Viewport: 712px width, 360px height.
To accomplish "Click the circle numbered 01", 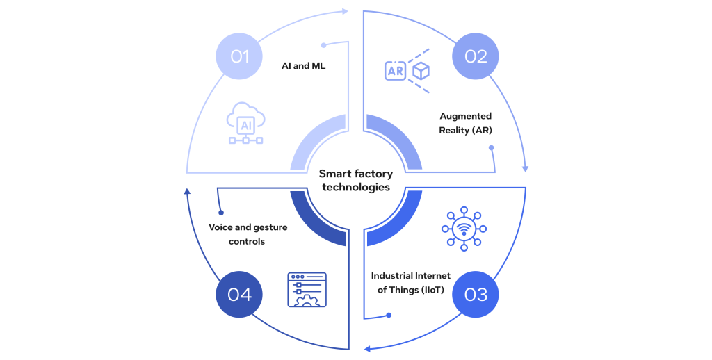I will click(239, 56).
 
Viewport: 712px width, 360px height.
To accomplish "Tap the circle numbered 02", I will click(476, 56).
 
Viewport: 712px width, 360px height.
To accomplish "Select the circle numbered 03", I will click(476, 294).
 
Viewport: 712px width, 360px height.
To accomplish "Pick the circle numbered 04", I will click(239, 294).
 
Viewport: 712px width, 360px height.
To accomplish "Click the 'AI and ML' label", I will click(303, 66).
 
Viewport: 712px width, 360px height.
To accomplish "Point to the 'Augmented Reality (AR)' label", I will click(465, 123).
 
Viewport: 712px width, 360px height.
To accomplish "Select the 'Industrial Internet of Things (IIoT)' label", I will click(410, 282).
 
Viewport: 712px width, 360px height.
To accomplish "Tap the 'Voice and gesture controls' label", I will click(248, 234).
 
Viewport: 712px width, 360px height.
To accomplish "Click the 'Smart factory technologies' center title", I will click(356, 181).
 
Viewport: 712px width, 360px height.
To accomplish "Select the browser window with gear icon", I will click(307, 290).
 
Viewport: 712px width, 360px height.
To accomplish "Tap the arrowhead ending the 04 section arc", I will click(186, 192).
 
